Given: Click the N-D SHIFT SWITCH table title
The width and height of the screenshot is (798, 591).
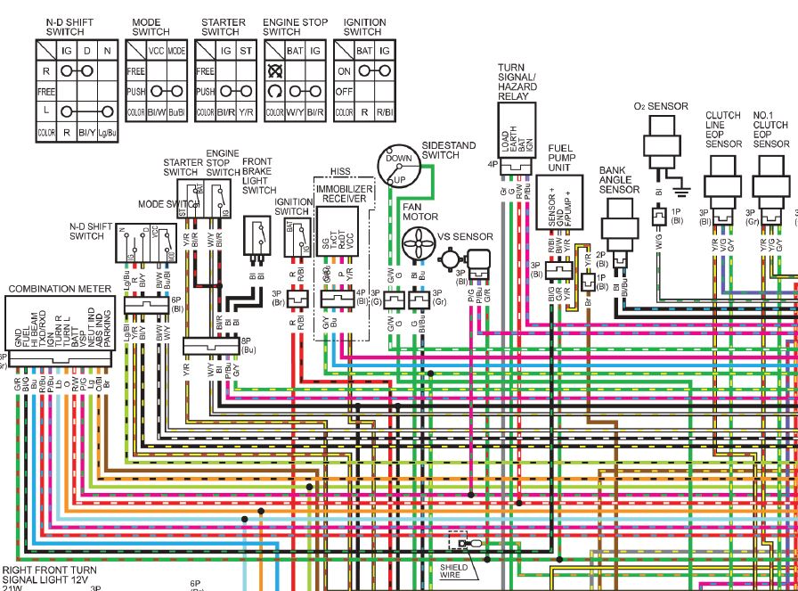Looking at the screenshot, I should pos(77,27).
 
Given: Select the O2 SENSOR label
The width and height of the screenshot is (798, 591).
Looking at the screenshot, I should pos(661,106).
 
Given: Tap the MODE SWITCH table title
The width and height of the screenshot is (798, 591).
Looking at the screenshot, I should pos(151,27).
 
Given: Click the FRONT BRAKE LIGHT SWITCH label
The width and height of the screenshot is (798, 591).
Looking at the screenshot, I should pos(259,176).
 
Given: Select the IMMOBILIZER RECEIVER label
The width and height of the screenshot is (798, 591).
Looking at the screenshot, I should pos(345,195).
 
